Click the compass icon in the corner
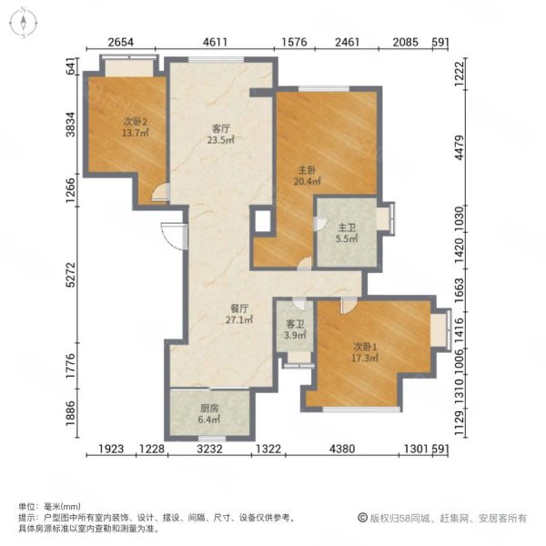pos(24,23)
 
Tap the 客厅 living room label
pos(221,129)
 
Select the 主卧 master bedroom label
pos(308,170)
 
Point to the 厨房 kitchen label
pos(209,409)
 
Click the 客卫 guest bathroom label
pos(295,325)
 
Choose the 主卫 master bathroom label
pos(347,227)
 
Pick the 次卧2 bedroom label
pos(135,122)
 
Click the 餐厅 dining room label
pos(239,308)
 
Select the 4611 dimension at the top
pos(215,42)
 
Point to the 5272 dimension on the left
pos(71,275)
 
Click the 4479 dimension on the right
pos(460,147)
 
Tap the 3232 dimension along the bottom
pos(209,449)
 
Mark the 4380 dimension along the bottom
pos(342,449)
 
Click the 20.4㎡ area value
pos(308,181)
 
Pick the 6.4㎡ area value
pos(209,420)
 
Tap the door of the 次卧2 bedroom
pos(161,193)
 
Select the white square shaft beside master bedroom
pos(263,221)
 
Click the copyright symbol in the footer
pos(362,518)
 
